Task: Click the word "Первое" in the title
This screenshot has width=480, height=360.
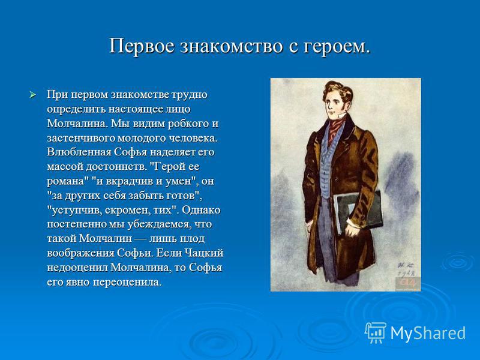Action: [142, 47]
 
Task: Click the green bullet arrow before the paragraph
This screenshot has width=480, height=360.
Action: [33, 95]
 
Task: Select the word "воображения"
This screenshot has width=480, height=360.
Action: [80, 253]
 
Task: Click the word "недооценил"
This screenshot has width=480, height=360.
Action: [77, 268]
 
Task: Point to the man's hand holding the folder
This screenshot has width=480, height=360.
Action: [352, 228]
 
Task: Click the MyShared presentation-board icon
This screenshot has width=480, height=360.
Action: [375, 333]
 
